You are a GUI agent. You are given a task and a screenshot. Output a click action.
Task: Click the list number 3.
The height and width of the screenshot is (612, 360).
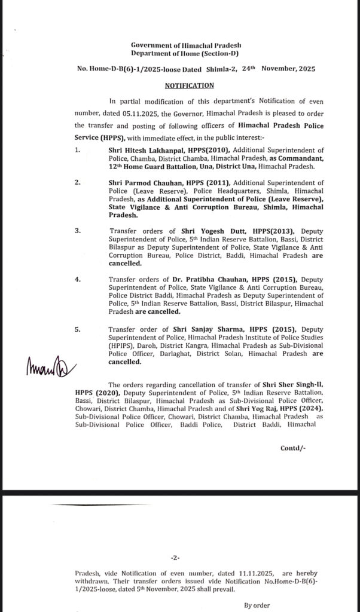78,230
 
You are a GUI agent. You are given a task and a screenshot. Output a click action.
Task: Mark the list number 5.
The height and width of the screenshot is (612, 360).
78,328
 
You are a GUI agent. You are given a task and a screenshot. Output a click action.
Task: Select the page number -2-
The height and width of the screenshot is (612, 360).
175,558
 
